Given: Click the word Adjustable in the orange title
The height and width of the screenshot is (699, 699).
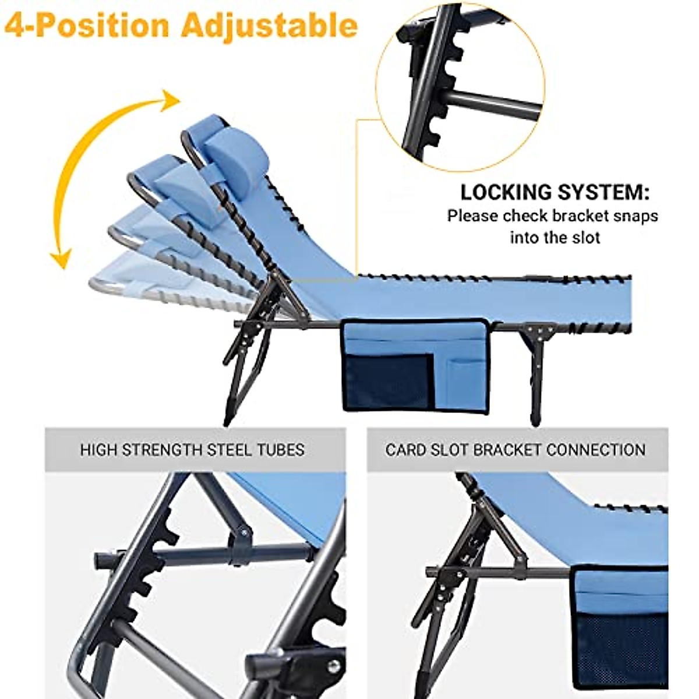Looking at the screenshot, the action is click(x=269, y=26).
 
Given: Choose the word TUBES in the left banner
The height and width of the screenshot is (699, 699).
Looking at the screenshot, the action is click(x=283, y=450).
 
